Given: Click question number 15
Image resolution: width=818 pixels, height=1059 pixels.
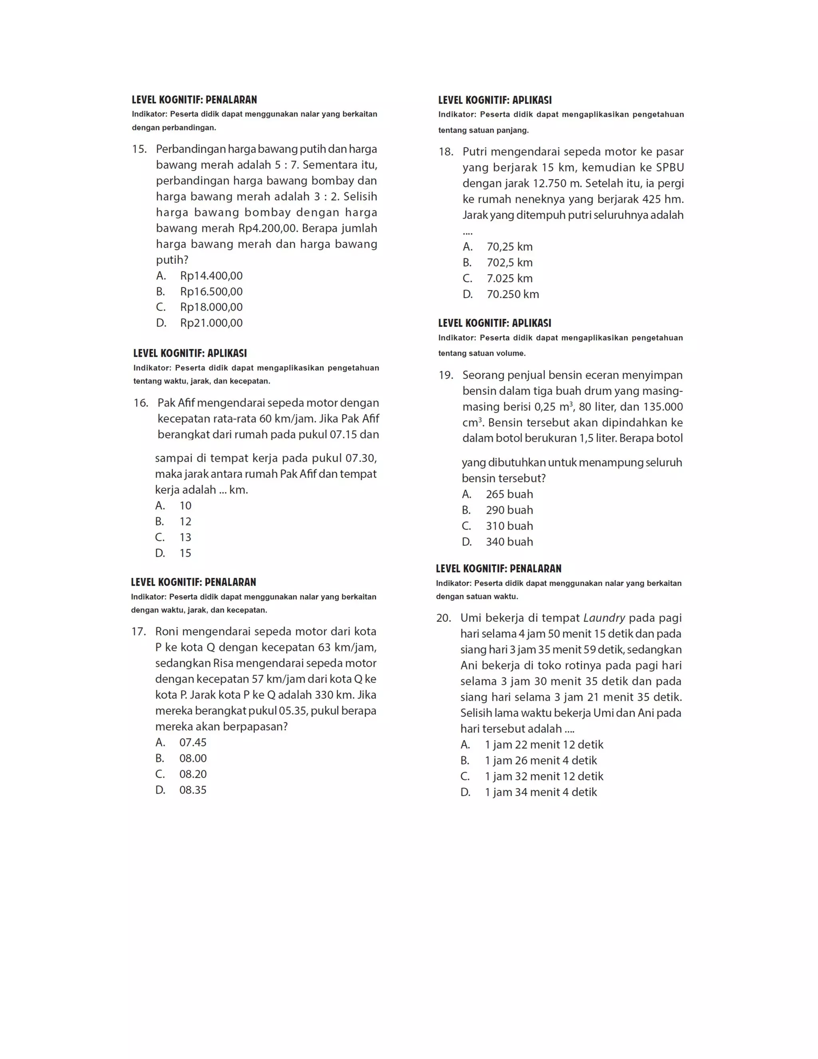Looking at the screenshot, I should pyautogui.click(x=139, y=149).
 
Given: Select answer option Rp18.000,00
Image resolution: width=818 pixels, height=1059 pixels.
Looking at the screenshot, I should pyautogui.click(x=211, y=307).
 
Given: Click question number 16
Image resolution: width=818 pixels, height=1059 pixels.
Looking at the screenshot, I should pyautogui.click(x=141, y=403).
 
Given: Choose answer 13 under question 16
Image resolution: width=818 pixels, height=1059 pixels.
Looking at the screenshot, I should pyautogui.click(x=185, y=537).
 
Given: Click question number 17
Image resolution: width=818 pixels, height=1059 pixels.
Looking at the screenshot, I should pyautogui.click(x=139, y=631).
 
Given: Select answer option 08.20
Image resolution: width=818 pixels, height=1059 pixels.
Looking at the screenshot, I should pyautogui.click(x=193, y=774).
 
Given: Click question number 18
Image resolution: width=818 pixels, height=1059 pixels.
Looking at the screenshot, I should pyautogui.click(x=446, y=152).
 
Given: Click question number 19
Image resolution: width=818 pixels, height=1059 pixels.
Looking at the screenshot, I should pyautogui.click(x=446, y=375).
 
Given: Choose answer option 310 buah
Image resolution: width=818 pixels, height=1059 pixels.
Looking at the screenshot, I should pyautogui.click(x=509, y=526).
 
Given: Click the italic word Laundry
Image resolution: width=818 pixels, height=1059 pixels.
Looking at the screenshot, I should pyautogui.click(x=604, y=618).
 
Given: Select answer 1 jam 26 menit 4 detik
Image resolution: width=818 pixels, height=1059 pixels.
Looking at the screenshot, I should pyautogui.click(x=541, y=760).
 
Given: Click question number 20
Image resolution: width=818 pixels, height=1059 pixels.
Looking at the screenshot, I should pyautogui.click(x=444, y=618).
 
